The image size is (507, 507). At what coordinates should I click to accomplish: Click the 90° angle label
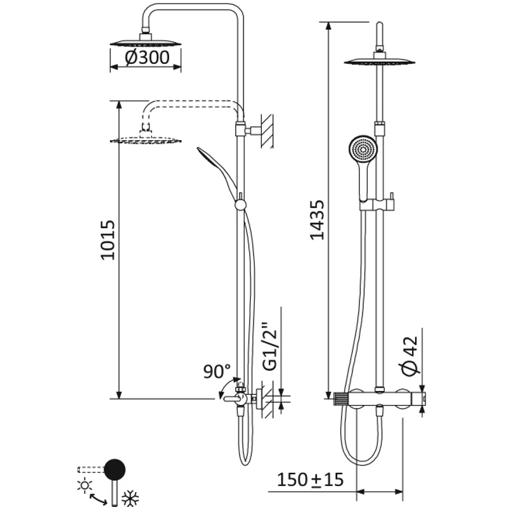(216, 371)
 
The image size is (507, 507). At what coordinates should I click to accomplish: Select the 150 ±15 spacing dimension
(310, 480)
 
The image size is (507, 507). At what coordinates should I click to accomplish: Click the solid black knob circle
(115, 470)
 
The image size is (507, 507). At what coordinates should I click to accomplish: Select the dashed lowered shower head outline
(146, 138)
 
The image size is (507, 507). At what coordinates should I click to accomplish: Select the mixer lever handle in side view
(229, 399)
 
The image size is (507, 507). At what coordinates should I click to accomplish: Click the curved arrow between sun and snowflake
(97, 499)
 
